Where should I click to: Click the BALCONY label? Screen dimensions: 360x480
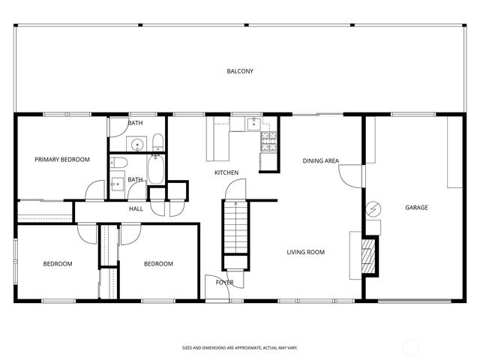pos(240,71)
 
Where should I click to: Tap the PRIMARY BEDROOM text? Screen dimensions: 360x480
pos(62,160)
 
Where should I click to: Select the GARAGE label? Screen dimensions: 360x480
pos(416,208)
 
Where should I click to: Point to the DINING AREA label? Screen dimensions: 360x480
pos(321,161)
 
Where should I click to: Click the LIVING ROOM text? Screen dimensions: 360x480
pos(305,252)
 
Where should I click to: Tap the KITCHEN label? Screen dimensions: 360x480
pos(226,173)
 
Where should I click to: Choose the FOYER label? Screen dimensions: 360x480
pos(224,283)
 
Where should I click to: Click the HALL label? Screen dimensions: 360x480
pos(136,208)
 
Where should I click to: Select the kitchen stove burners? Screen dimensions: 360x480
pos(268,138)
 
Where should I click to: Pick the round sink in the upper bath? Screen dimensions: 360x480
pos(138,144)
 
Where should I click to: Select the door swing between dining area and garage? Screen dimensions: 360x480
pos(349,176)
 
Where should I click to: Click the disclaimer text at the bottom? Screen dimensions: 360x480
pos(240,348)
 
